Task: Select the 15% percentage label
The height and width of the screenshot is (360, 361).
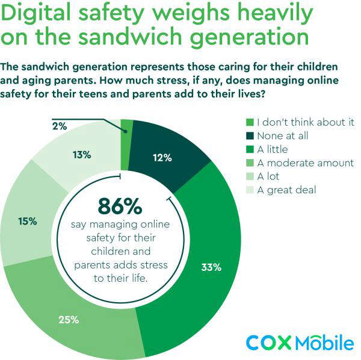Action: [x=28, y=221]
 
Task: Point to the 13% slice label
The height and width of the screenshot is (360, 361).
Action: [x=82, y=155]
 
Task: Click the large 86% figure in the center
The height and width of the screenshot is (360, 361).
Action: [x=120, y=206]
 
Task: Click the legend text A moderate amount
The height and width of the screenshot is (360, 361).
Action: [x=305, y=163]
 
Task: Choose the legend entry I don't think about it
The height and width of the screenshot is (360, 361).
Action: [x=305, y=122]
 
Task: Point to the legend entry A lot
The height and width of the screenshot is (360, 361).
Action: [x=269, y=177]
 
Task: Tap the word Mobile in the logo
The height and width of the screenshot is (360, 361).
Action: [x=324, y=342]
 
